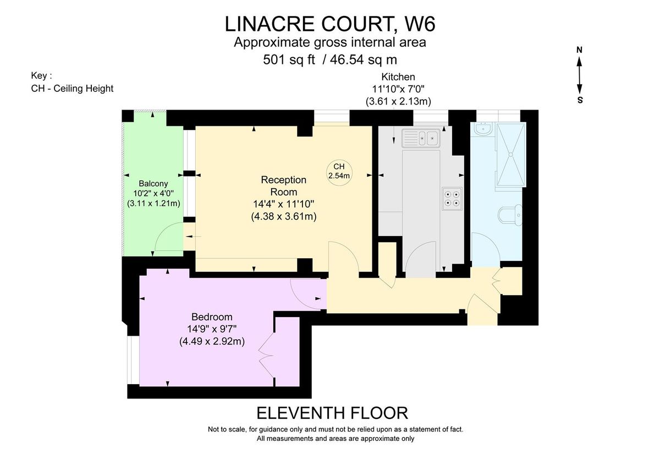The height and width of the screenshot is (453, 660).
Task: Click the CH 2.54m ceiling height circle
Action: (x=339, y=171)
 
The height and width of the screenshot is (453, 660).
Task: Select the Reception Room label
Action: (x=283, y=186)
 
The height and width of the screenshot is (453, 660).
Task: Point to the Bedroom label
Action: (x=212, y=317)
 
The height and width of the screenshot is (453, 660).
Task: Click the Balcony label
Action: (x=153, y=183)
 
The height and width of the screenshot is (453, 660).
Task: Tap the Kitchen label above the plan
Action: (x=398, y=77)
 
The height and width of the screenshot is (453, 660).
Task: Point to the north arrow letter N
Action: (x=579, y=50)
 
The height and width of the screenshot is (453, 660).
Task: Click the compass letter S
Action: (x=580, y=101)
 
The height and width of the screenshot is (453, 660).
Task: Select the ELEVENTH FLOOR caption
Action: (x=333, y=413)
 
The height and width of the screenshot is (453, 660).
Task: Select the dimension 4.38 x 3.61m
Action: (x=283, y=216)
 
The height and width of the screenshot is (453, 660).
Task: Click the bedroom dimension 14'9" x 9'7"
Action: (x=212, y=329)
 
